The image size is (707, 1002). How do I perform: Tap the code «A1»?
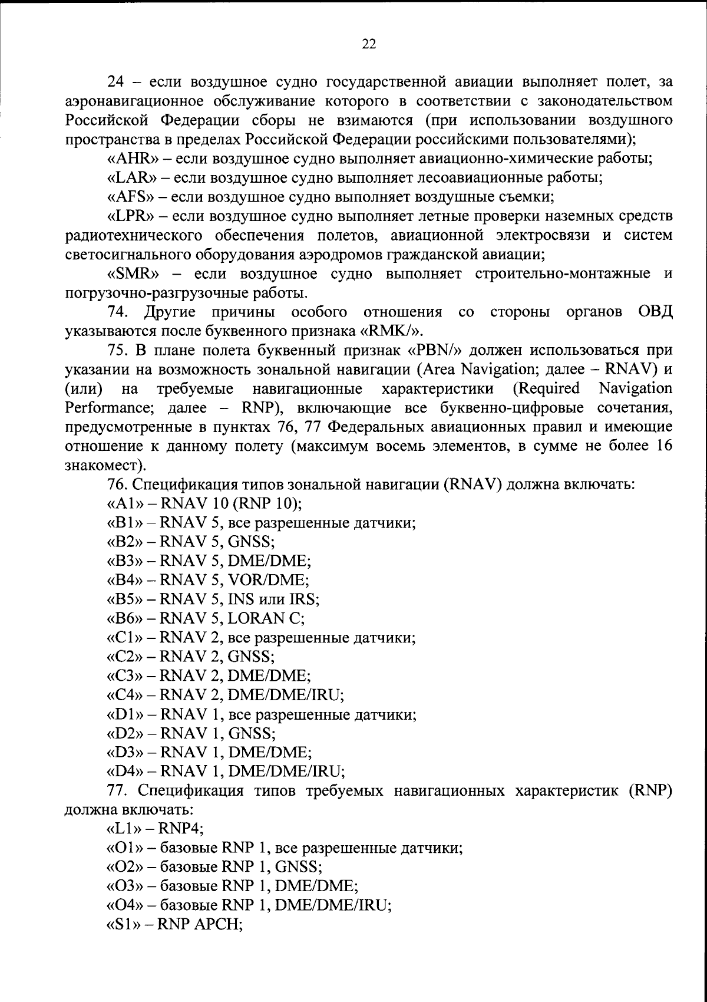[123, 503]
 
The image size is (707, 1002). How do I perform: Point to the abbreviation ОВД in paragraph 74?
[655, 312]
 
